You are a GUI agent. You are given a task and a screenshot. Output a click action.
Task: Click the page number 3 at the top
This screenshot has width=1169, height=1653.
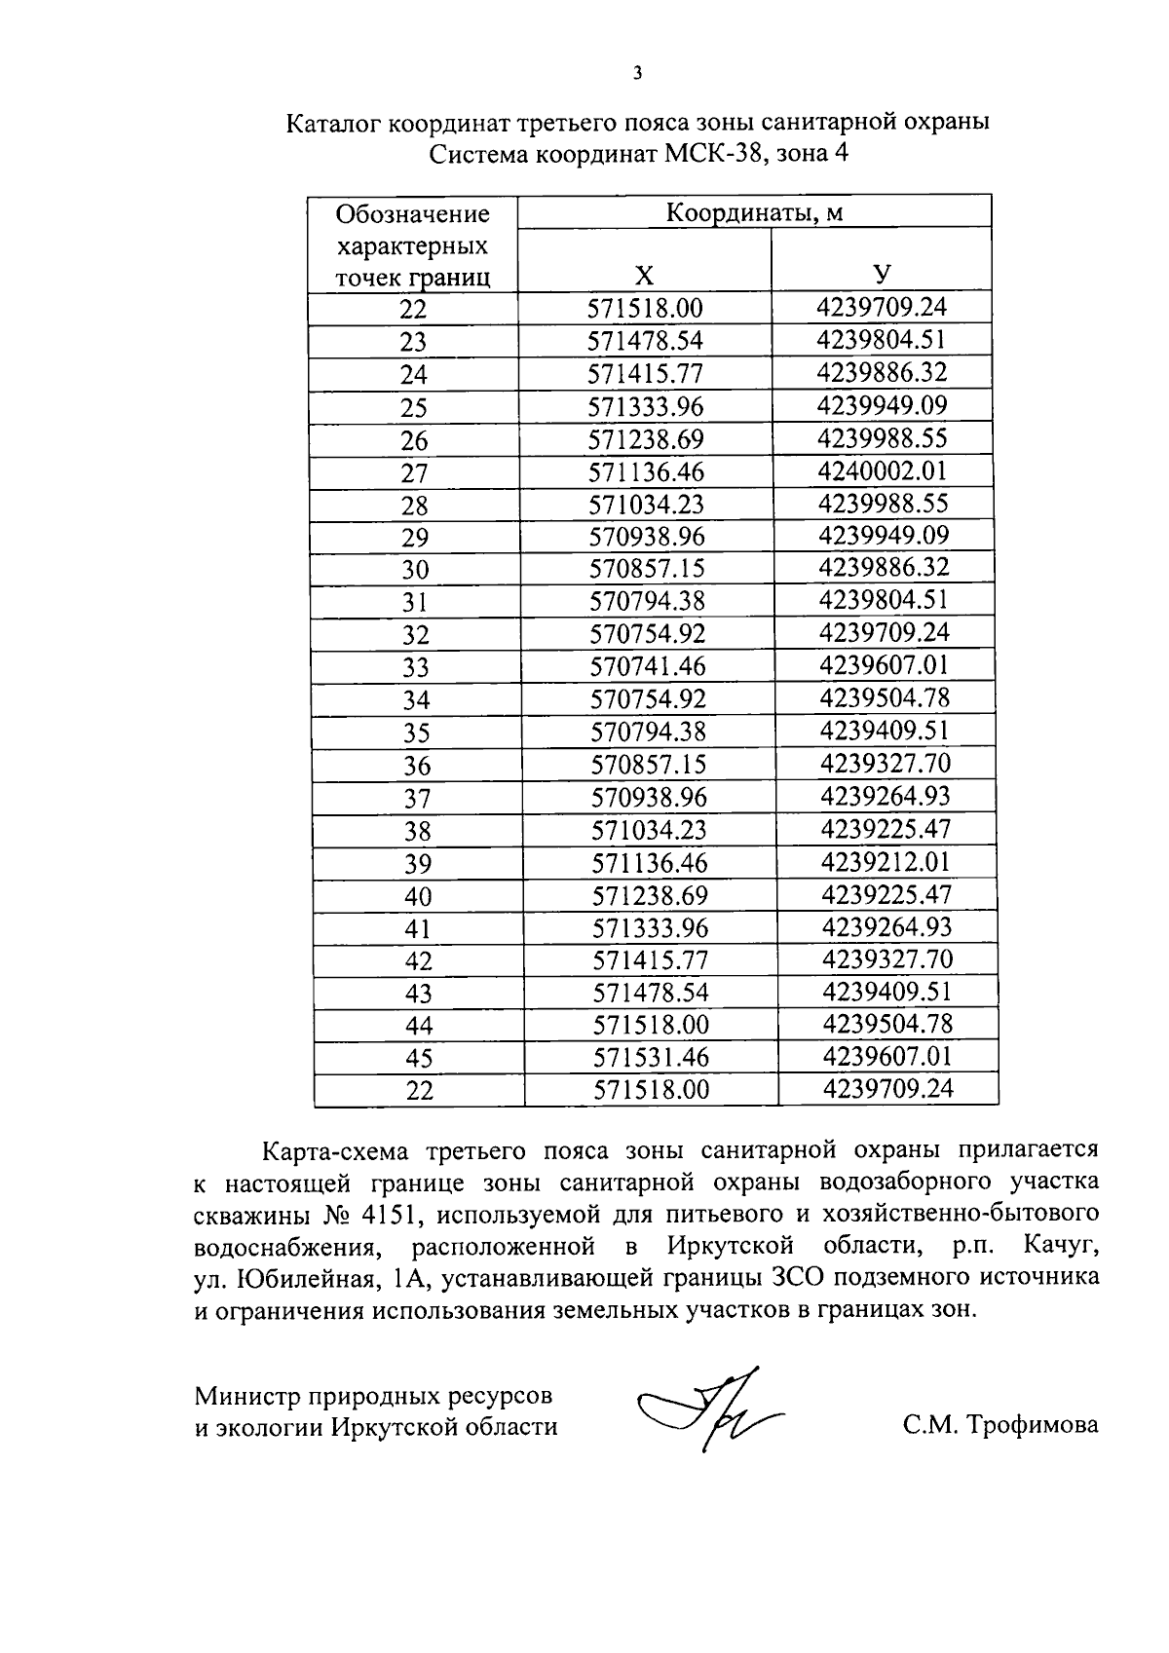tap(637, 73)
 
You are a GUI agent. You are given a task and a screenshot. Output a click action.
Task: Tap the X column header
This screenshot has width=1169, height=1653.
tap(644, 277)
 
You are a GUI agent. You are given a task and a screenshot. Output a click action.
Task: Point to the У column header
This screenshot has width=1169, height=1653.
tap(882, 275)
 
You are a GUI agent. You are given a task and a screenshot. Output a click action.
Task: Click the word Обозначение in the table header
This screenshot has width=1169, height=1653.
tap(412, 213)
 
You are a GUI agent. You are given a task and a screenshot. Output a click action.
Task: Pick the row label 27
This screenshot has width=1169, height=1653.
tap(414, 473)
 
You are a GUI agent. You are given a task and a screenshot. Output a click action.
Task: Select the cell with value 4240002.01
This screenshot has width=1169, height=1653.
tap(883, 471)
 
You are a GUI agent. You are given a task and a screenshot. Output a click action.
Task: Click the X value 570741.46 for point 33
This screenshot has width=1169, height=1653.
tap(648, 667)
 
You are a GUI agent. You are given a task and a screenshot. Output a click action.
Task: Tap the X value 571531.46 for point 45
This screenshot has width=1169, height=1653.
tap(651, 1058)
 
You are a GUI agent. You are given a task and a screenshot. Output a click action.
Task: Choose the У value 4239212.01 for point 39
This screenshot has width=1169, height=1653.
tap(886, 862)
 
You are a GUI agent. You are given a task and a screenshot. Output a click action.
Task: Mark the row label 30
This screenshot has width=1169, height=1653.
tap(415, 571)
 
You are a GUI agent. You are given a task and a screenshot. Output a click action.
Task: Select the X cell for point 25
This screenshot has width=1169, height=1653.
tap(646, 407)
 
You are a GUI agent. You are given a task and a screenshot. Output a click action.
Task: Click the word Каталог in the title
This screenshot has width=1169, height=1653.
tap(333, 124)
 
